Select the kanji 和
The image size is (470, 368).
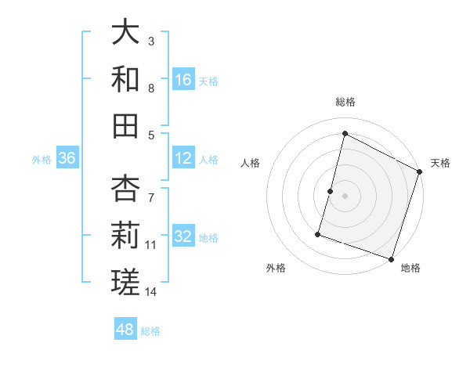tap(126, 78)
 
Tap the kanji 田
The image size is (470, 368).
tap(126, 125)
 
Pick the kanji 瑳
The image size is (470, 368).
tap(126, 282)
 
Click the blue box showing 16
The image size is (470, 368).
tap(183, 79)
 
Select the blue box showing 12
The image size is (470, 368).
tap(183, 158)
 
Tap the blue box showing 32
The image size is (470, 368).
tap(183, 237)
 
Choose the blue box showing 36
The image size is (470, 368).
tap(67, 158)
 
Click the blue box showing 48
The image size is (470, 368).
tap(125, 330)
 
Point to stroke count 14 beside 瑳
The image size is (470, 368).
tap(151, 292)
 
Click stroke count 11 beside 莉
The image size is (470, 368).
tap(151, 244)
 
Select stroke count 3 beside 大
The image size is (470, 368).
tap(151, 41)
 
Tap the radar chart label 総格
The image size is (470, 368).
tap(345, 102)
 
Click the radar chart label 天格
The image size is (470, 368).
tap(440, 163)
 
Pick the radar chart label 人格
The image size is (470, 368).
tap(250, 163)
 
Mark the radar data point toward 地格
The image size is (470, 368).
tap(391, 258)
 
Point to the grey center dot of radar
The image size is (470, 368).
tap(345, 195)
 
